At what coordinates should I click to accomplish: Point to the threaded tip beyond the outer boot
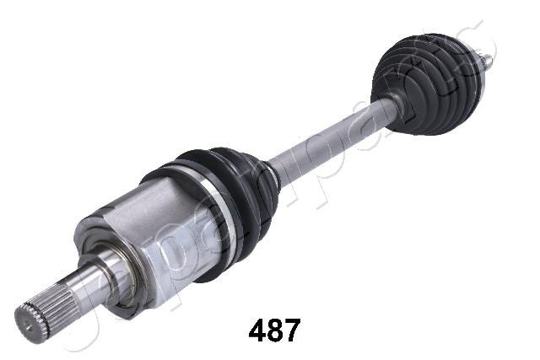tap(486, 61)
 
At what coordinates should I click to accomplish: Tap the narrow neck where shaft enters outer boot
tap(391, 106)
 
